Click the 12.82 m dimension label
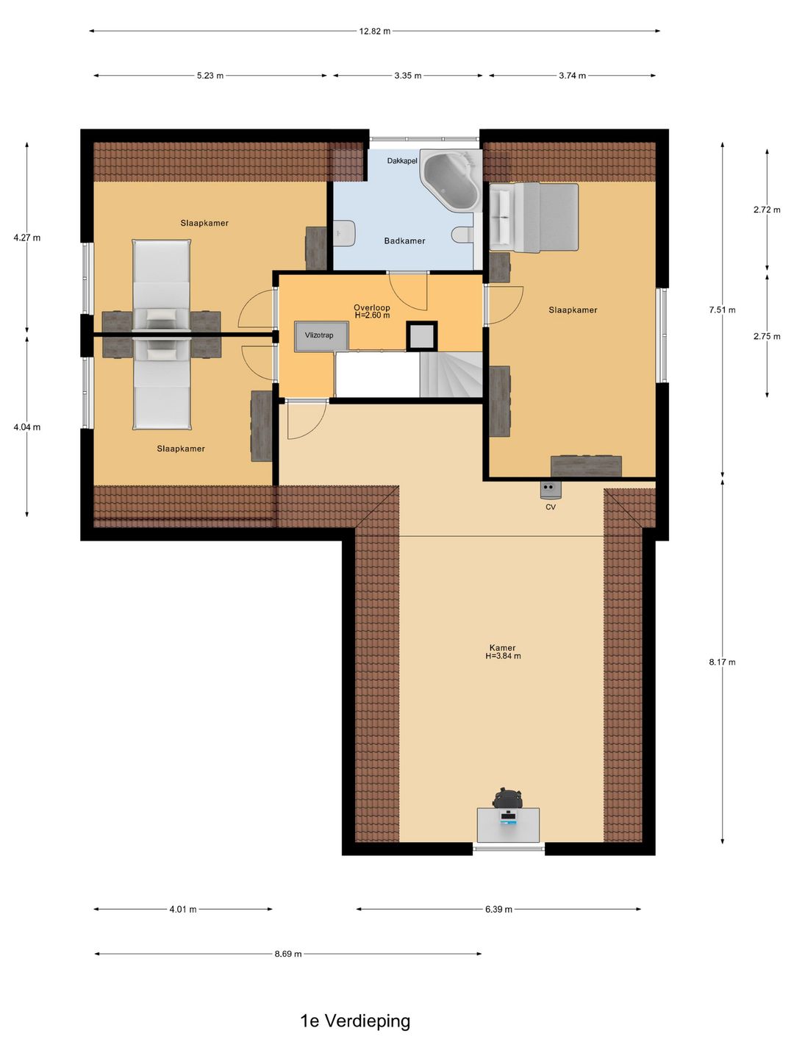point(375,32)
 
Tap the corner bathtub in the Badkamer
point(451,180)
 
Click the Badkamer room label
point(404,240)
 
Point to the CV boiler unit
point(550,490)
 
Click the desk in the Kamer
point(508,825)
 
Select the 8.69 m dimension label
point(288,954)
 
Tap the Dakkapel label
point(402,160)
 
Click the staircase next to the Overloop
point(451,374)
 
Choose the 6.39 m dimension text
point(498,910)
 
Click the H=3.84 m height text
point(503,656)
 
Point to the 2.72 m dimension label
point(767,210)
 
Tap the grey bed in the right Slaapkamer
point(534,217)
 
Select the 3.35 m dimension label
point(408,76)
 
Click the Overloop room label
point(372,307)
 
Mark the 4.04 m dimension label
point(27,427)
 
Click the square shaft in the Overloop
point(421,336)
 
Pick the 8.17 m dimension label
point(722,662)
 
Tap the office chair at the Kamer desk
point(507,798)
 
